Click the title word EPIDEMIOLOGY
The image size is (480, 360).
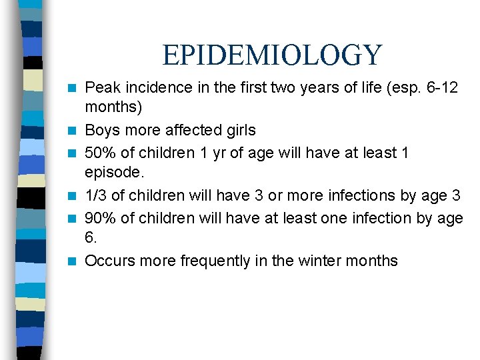pos(272,55)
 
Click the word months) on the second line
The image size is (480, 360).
pos(114,107)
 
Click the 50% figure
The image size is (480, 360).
pos(100,152)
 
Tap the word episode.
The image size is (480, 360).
pos(113,173)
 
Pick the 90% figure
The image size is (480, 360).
pos(100,218)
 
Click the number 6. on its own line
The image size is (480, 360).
pos(91,238)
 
